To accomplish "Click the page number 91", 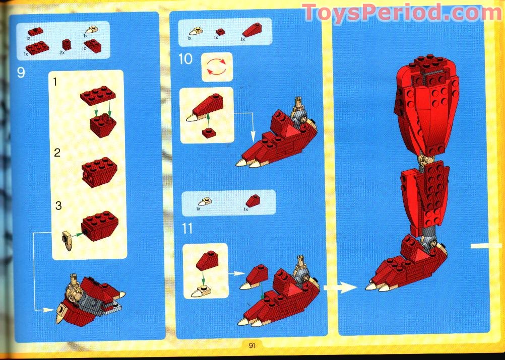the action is [252, 345].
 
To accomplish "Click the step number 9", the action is [21, 73].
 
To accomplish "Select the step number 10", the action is [185, 59].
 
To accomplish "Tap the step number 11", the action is [187, 229].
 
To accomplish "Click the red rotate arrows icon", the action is [216, 67].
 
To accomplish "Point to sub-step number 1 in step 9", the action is [55, 82].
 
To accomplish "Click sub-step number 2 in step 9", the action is [57, 153].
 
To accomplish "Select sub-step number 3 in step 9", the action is [58, 205].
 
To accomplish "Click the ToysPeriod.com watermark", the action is [401, 13].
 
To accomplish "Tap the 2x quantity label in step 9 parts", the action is [62, 52].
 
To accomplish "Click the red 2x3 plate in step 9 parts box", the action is [37, 48].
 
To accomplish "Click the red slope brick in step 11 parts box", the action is [253, 201].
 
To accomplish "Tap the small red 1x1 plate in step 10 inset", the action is [209, 132].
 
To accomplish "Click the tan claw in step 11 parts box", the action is [205, 202].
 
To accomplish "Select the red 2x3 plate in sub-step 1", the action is [98, 95].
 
